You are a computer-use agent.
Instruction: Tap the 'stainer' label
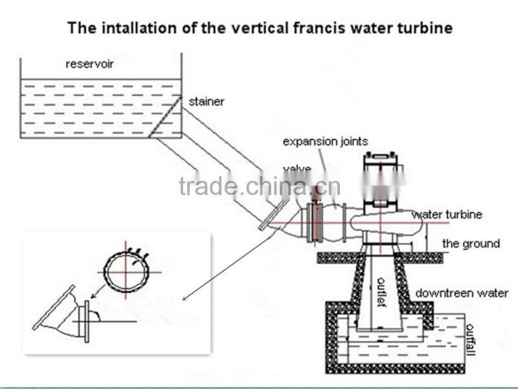click(x=206, y=102)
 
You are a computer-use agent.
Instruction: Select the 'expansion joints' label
click(x=325, y=141)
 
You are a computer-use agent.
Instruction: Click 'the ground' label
click(x=471, y=244)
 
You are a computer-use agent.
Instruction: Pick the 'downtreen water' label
click(x=462, y=293)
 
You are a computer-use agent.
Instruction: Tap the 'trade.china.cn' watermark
click(x=259, y=187)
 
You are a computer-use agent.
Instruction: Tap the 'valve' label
click(x=297, y=170)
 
